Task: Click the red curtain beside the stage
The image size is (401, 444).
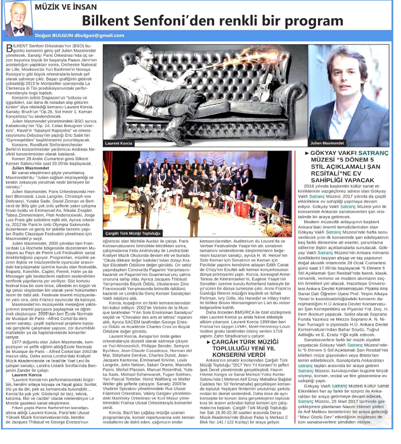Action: tap(108, 182)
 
